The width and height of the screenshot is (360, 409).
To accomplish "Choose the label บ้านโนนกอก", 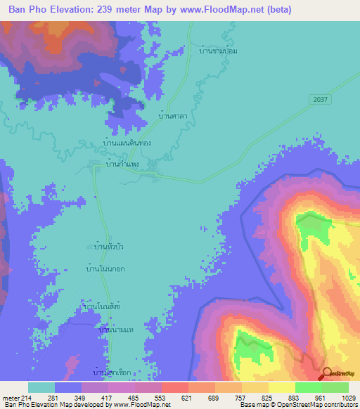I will pyautogui.click(x=105, y=268).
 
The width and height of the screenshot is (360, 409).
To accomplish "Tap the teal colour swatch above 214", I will pyautogui.click(x=41, y=387).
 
